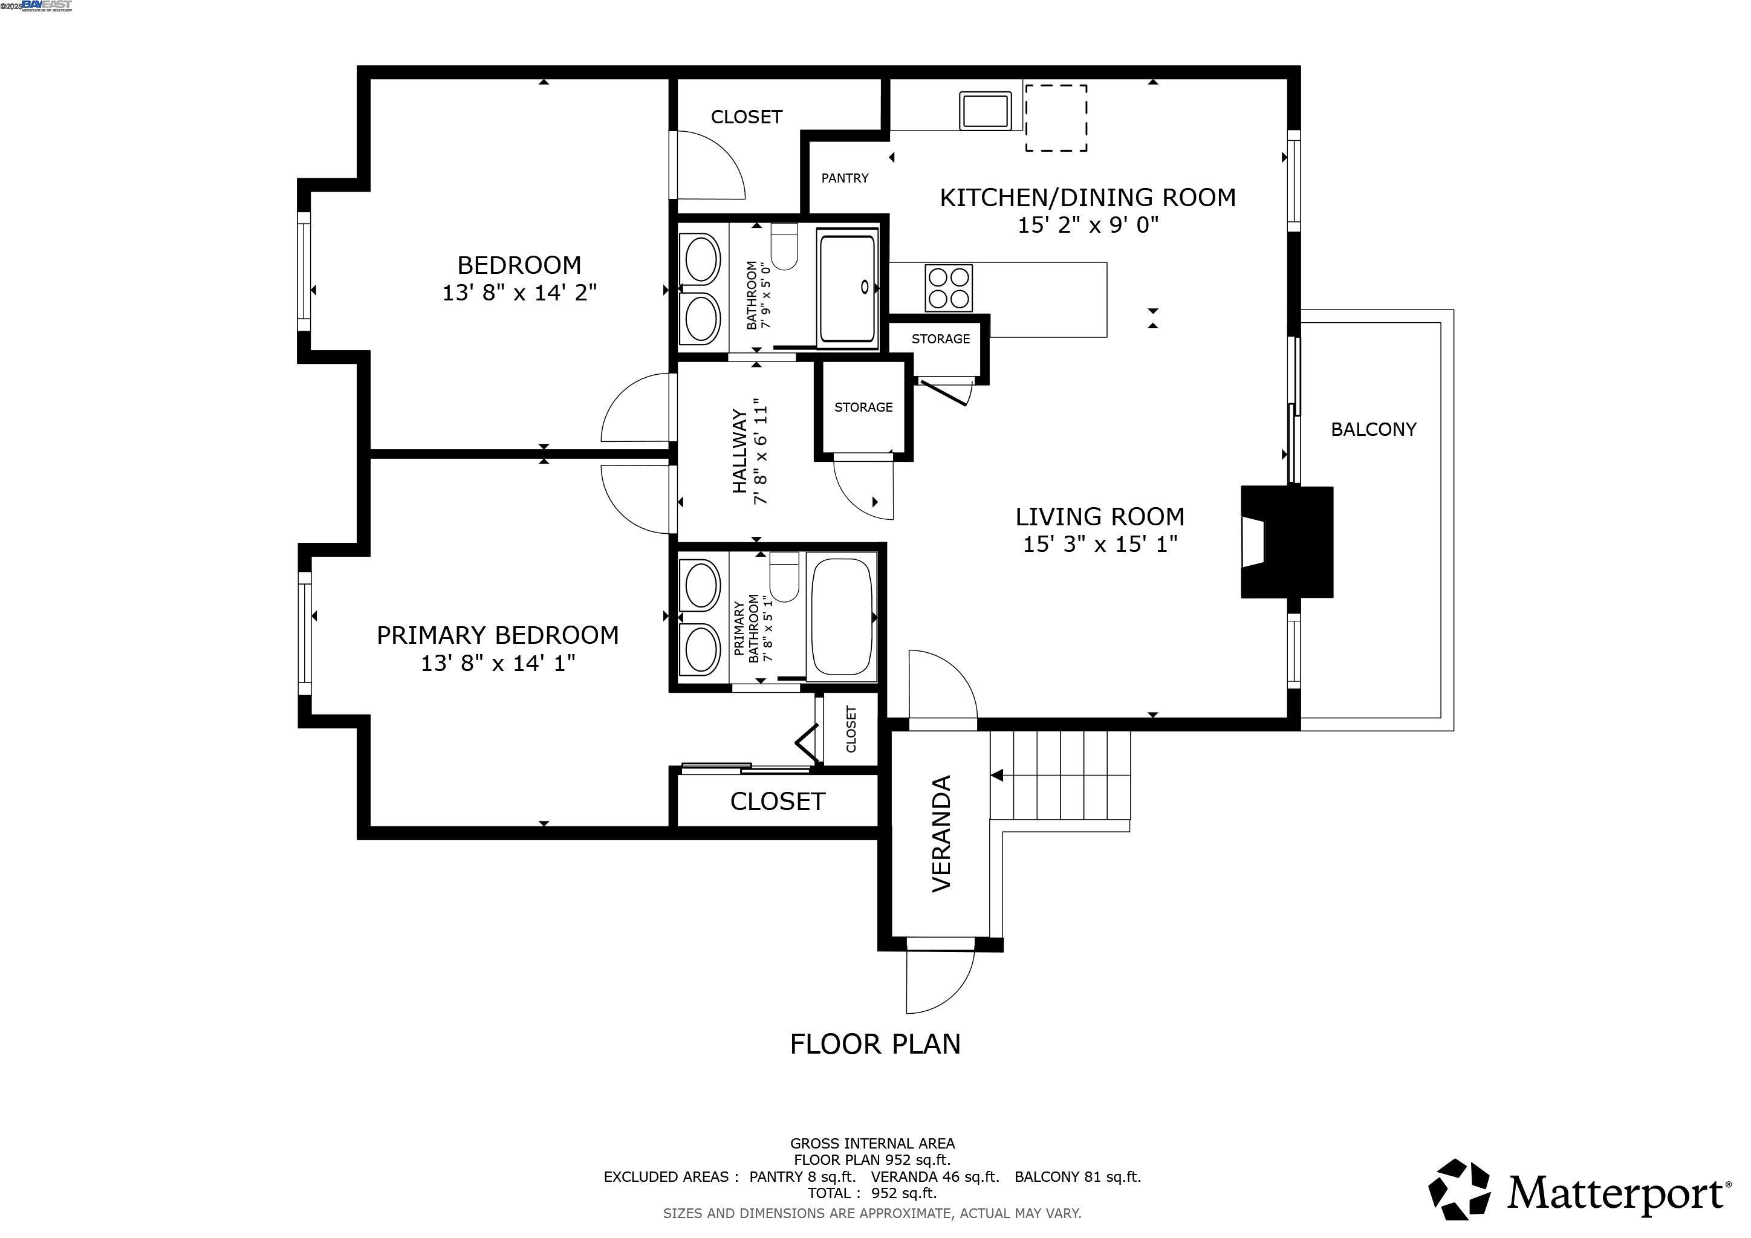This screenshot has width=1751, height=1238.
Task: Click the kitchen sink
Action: pyautogui.click(x=986, y=111)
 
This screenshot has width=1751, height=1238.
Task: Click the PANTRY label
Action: pyautogui.click(x=845, y=178)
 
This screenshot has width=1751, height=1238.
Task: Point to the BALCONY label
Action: pyautogui.click(x=1374, y=429)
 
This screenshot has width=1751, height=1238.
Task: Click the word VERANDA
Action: pyautogui.click(x=942, y=833)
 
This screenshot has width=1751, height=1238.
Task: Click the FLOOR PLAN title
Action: pyautogui.click(x=875, y=1043)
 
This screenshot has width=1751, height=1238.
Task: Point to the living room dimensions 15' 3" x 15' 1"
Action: pyautogui.click(x=1100, y=544)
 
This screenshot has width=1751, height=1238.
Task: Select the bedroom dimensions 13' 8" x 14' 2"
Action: pyautogui.click(x=519, y=293)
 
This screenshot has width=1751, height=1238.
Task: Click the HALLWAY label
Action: pyautogui.click(x=739, y=452)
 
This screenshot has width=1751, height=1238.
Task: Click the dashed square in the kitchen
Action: pyautogui.click(x=1056, y=117)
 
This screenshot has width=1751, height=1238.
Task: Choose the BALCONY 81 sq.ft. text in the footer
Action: pyautogui.click(x=1077, y=1176)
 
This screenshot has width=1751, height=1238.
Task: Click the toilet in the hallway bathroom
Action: pyautogui.click(x=784, y=245)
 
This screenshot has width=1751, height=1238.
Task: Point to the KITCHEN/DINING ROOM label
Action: pyautogui.click(x=1088, y=198)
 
